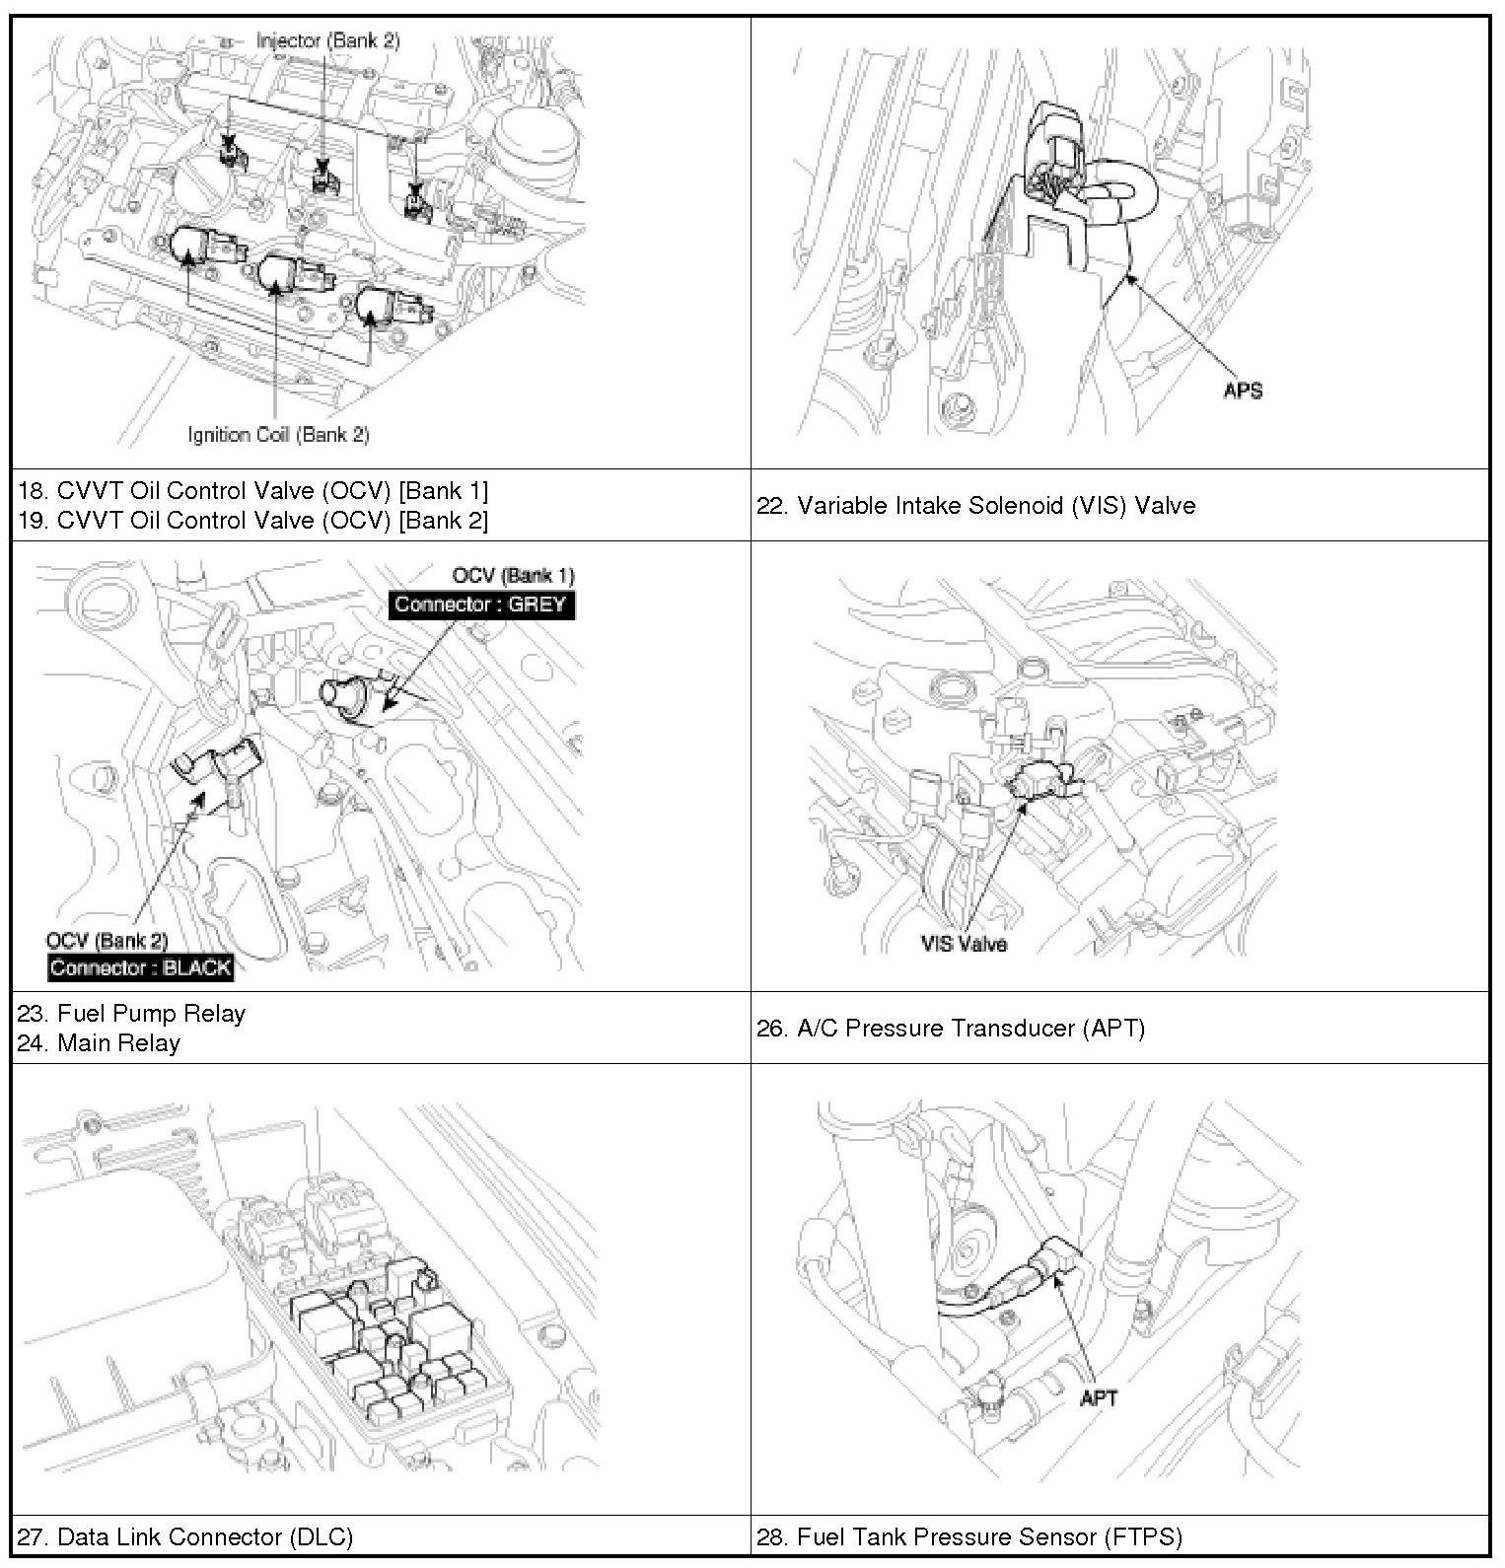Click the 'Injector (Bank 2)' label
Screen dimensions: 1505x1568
click(x=327, y=40)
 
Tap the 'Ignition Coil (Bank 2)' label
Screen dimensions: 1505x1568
click(x=279, y=434)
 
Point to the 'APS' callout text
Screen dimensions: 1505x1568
click(x=1243, y=391)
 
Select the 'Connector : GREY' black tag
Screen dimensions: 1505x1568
click(x=481, y=605)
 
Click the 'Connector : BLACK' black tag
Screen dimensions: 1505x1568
click(x=141, y=967)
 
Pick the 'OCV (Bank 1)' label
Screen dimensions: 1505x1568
click(x=513, y=576)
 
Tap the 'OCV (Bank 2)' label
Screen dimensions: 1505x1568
click(x=107, y=941)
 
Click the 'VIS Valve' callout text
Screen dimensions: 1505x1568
click(x=965, y=944)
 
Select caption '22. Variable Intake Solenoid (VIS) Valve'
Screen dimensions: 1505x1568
click(x=976, y=506)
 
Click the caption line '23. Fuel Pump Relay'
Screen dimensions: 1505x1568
click(x=131, y=1014)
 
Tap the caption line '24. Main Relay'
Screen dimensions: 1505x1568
click(x=99, y=1043)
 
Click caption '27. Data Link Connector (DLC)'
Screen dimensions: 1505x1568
click(x=184, y=1536)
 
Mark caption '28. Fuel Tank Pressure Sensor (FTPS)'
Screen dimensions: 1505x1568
click(x=969, y=1536)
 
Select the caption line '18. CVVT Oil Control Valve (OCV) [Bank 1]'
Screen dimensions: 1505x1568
click(x=252, y=491)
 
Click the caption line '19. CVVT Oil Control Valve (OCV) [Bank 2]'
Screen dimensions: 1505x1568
click(x=252, y=521)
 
